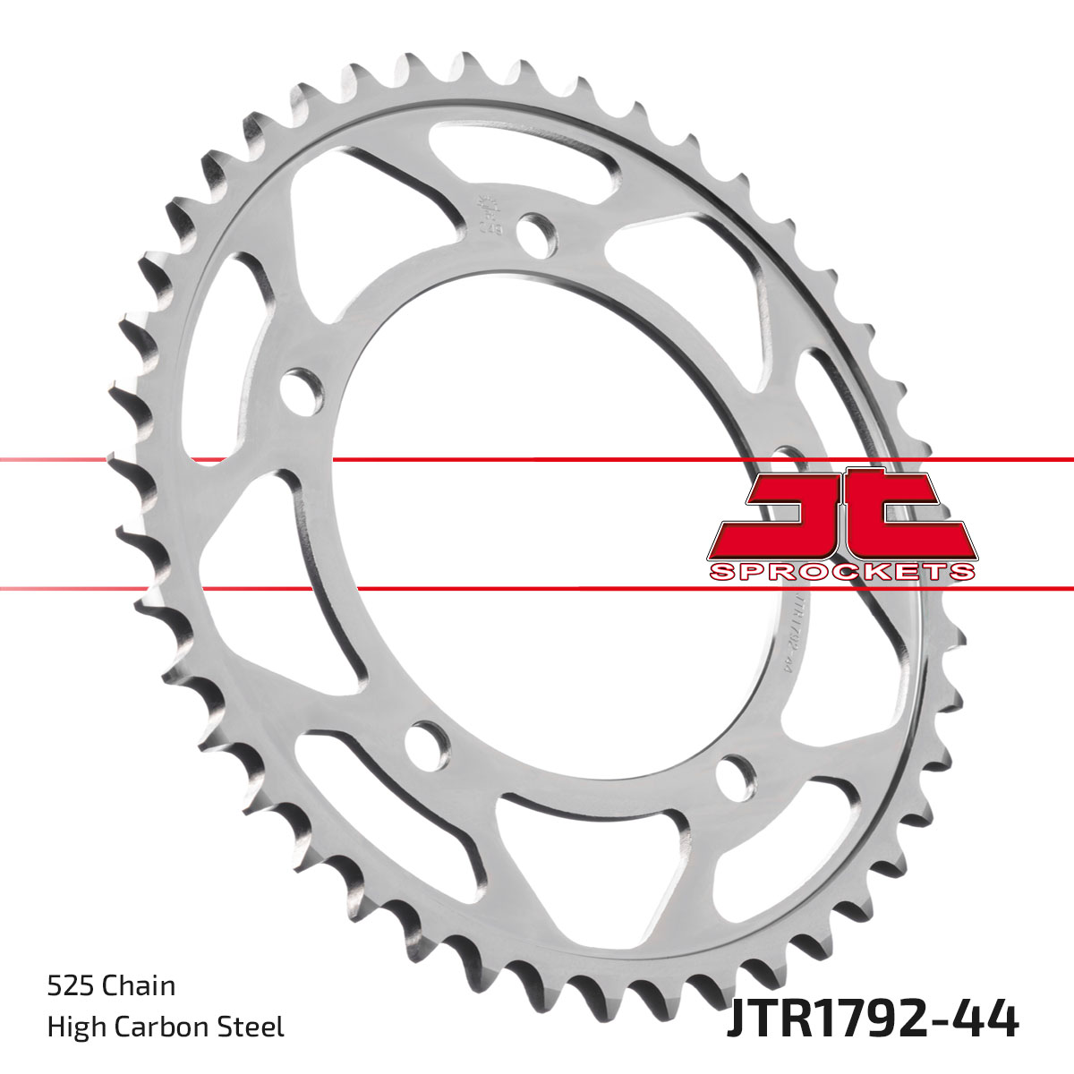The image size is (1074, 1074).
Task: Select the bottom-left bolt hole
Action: click(428, 741)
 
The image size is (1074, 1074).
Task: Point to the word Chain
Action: click(139, 986)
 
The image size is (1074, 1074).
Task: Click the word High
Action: click(74, 1027)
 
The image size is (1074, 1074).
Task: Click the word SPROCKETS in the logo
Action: click(840, 572)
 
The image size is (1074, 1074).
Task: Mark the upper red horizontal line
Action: click(537, 460)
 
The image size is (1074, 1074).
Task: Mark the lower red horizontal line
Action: click(537, 589)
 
